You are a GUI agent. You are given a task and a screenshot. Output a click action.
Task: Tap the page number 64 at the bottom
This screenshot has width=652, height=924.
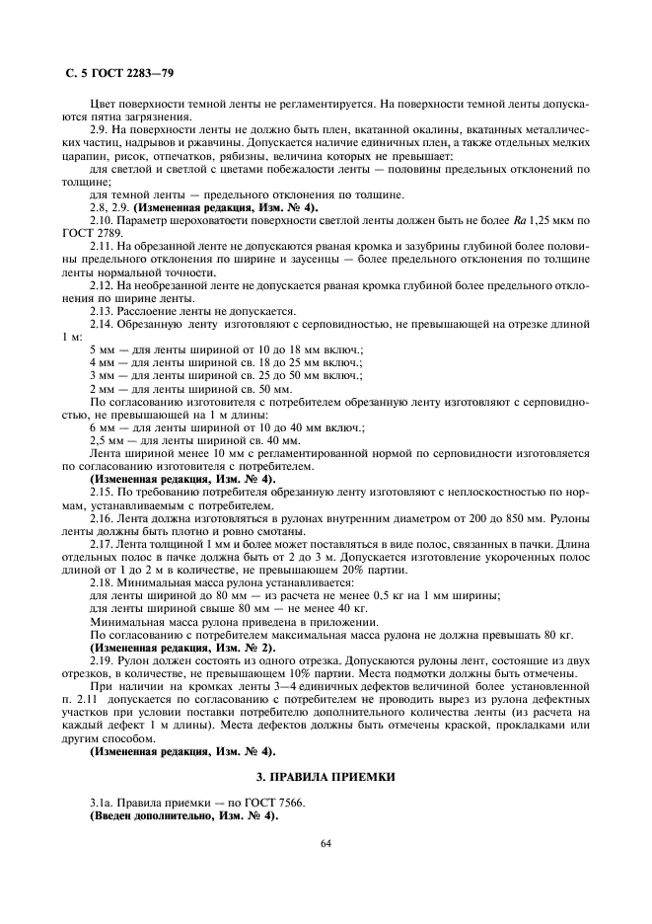325,844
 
